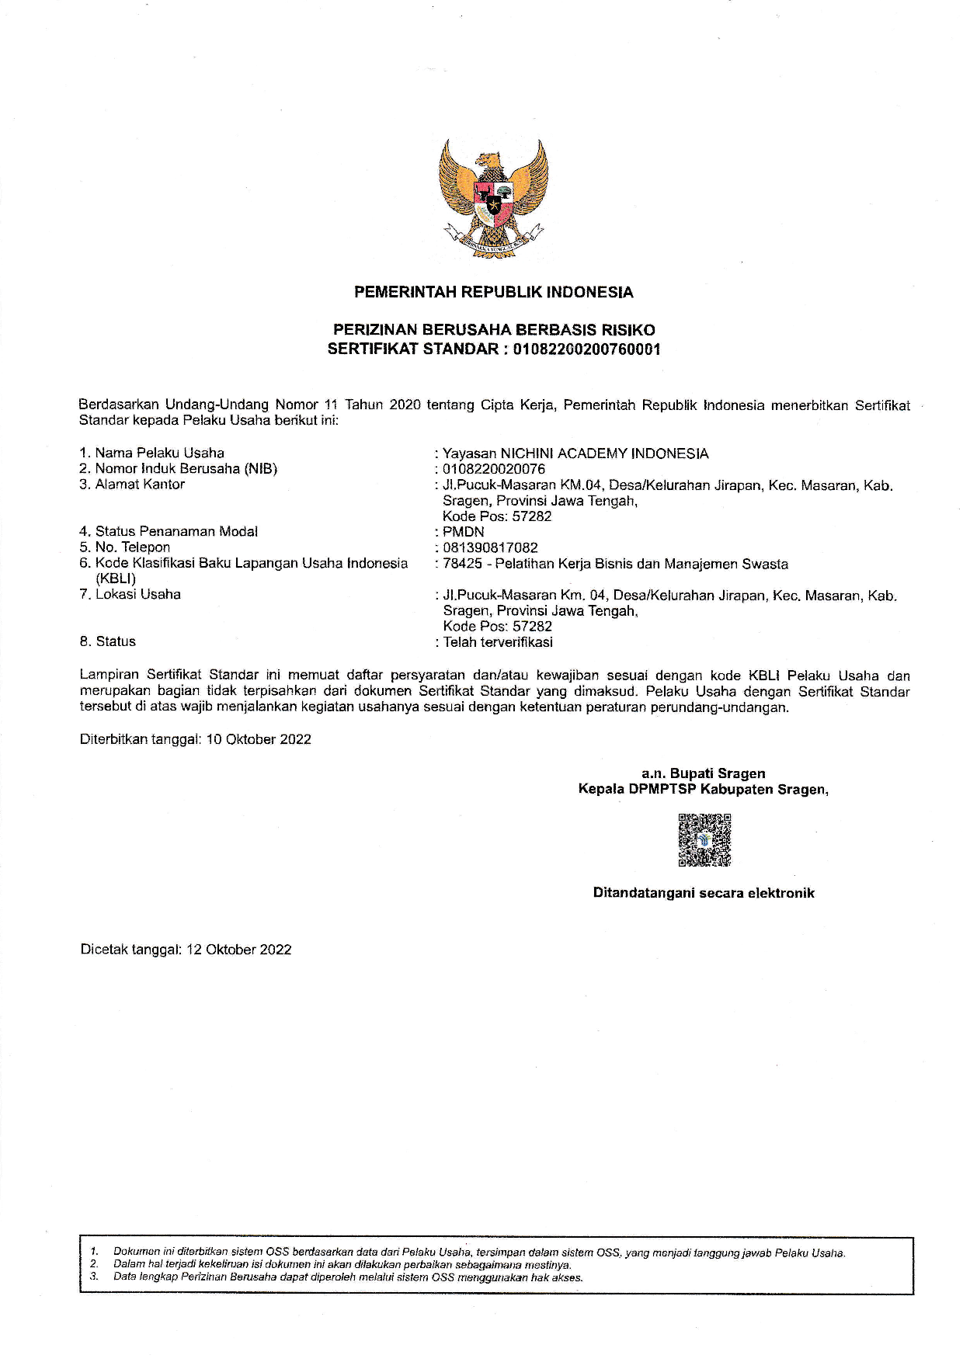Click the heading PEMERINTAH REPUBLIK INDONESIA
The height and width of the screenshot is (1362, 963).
click(493, 293)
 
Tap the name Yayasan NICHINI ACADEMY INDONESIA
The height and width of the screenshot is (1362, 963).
click(575, 453)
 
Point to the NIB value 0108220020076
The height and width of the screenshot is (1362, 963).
click(494, 469)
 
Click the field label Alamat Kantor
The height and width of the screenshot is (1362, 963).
click(140, 485)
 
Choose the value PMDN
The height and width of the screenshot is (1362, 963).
click(464, 532)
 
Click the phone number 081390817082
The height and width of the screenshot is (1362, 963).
click(490, 547)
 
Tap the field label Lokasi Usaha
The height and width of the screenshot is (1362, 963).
click(138, 595)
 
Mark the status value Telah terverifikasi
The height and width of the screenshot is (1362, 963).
click(498, 642)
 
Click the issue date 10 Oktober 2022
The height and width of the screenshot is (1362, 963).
click(259, 739)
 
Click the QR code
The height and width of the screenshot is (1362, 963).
click(704, 840)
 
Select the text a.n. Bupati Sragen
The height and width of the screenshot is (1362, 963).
click(703, 773)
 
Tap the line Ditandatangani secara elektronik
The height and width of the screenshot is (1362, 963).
click(704, 893)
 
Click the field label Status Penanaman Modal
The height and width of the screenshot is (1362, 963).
click(176, 532)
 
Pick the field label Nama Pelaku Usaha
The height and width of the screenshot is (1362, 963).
click(159, 453)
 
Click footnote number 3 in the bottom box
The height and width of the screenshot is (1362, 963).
click(94, 1277)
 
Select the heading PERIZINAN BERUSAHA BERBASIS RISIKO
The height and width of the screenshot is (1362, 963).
click(493, 331)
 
